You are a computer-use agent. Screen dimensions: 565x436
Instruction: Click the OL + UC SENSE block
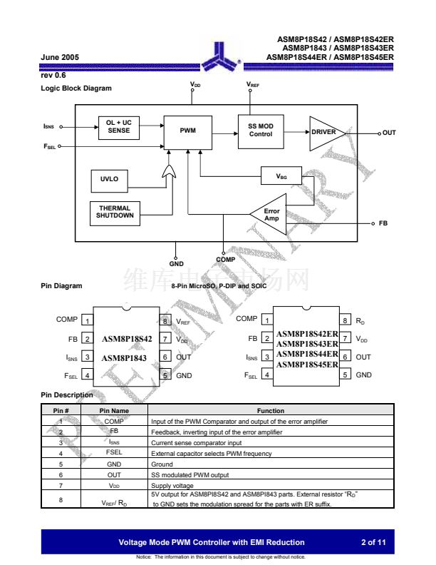[119, 128]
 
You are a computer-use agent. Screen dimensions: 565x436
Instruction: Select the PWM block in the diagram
[187, 131]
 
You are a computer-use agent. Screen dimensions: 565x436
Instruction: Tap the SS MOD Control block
[260, 131]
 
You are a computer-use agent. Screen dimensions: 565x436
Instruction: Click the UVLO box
[110, 179]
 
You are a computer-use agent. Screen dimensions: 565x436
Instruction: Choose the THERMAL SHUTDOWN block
[115, 212]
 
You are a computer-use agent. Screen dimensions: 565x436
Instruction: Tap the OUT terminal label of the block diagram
[389, 133]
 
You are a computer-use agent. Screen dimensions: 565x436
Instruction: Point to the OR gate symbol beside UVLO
[170, 173]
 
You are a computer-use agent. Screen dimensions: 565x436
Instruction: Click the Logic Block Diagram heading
[76, 88]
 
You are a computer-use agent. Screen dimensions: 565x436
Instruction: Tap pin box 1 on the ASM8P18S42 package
[86, 321]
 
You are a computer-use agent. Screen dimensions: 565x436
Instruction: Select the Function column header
[271, 411]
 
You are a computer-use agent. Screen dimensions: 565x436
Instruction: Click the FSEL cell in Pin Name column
[114, 453]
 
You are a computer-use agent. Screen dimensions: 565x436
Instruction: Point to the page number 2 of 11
[373, 542]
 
